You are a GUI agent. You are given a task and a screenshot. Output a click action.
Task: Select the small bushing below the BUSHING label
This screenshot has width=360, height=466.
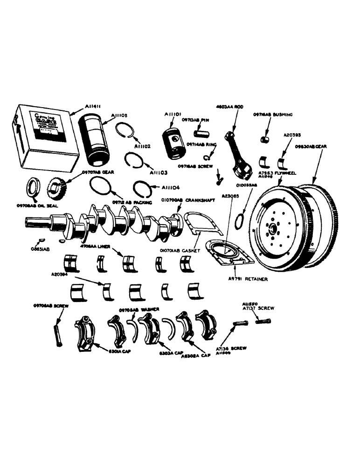point(265,138)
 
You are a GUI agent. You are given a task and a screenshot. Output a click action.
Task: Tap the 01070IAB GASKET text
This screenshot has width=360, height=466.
point(182,251)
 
